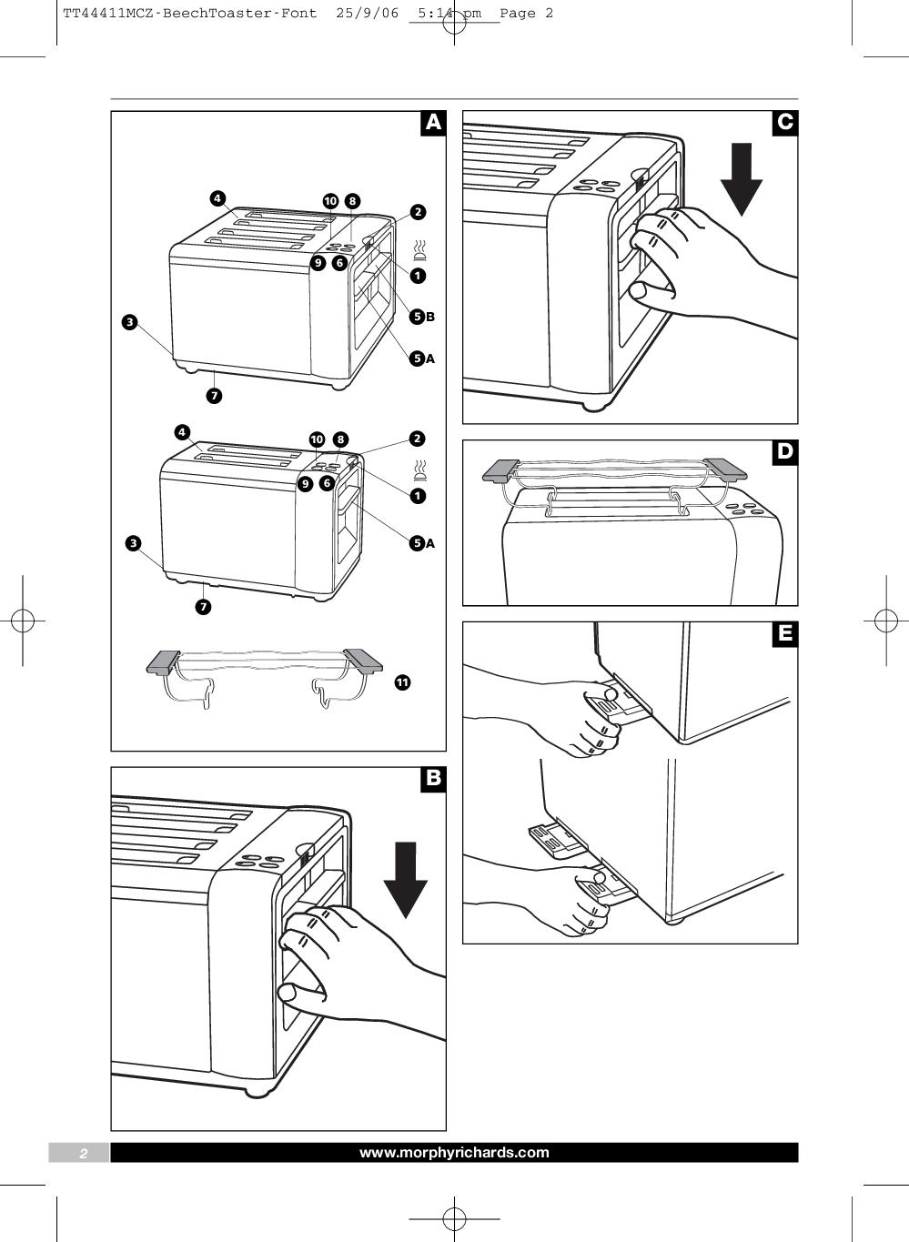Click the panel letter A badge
coord(433,123)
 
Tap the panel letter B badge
coord(433,778)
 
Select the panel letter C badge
coord(784,123)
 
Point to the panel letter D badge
coord(784,452)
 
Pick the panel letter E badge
coord(784,633)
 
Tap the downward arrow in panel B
coord(405,879)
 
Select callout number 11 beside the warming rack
coord(402,682)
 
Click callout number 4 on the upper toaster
coord(217,198)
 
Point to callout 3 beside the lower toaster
coord(134,544)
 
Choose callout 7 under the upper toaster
coord(214,396)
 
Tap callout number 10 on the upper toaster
coord(330,201)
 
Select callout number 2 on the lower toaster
coord(417,439)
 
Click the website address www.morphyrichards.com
coord(454,1153)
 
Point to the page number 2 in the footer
coord(83,1154)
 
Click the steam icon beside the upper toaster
coord(420,248)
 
